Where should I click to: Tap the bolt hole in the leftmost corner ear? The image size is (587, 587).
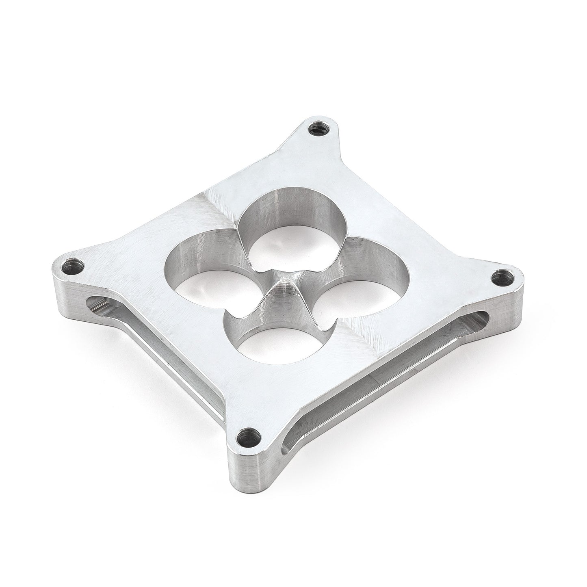78,267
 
